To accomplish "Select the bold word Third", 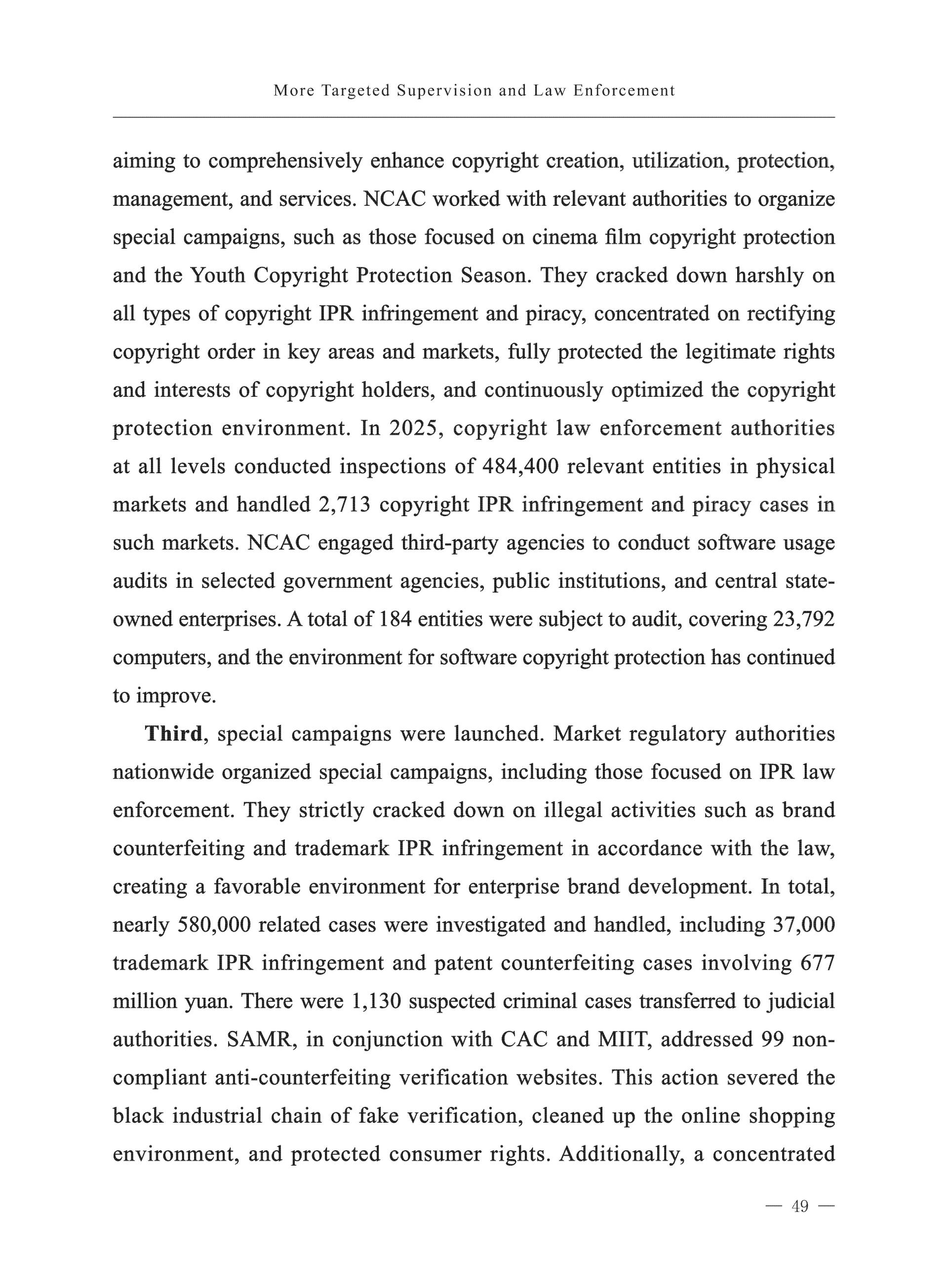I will [x=173, y=734].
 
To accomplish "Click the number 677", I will [x=817, y=963].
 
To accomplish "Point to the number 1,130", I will [x=375, y=1001].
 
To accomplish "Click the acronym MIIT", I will [x=623, y=1039].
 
